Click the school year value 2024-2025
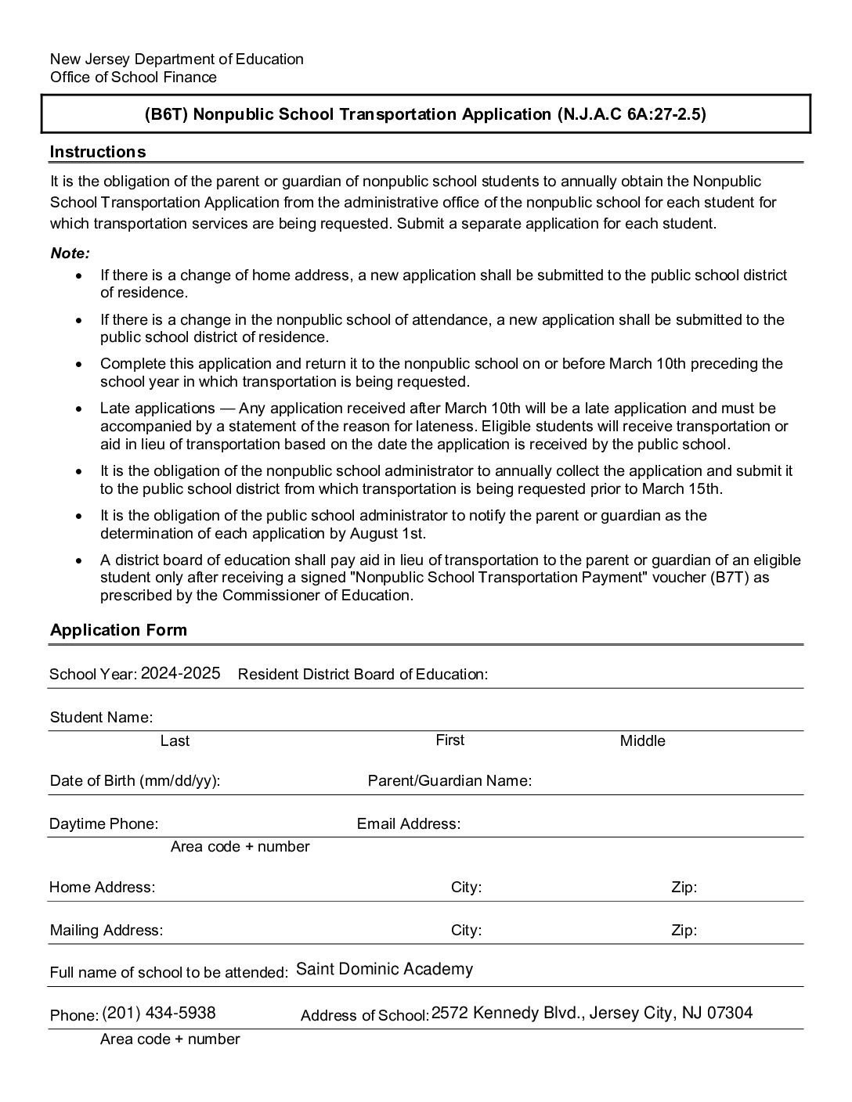180,673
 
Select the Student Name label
101,717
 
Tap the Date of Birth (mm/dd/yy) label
135,780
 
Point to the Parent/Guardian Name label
449,780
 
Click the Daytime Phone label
103,823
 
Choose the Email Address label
408,823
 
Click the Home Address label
102,887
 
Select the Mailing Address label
106,930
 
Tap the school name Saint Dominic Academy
384,969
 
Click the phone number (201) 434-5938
158,1013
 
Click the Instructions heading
98,151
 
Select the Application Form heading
118,630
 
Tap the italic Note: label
70,253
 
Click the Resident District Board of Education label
363,674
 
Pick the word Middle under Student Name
642,740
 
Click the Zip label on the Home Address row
684,887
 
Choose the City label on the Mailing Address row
466,930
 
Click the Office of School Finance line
133,77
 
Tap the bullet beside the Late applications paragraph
78,409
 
